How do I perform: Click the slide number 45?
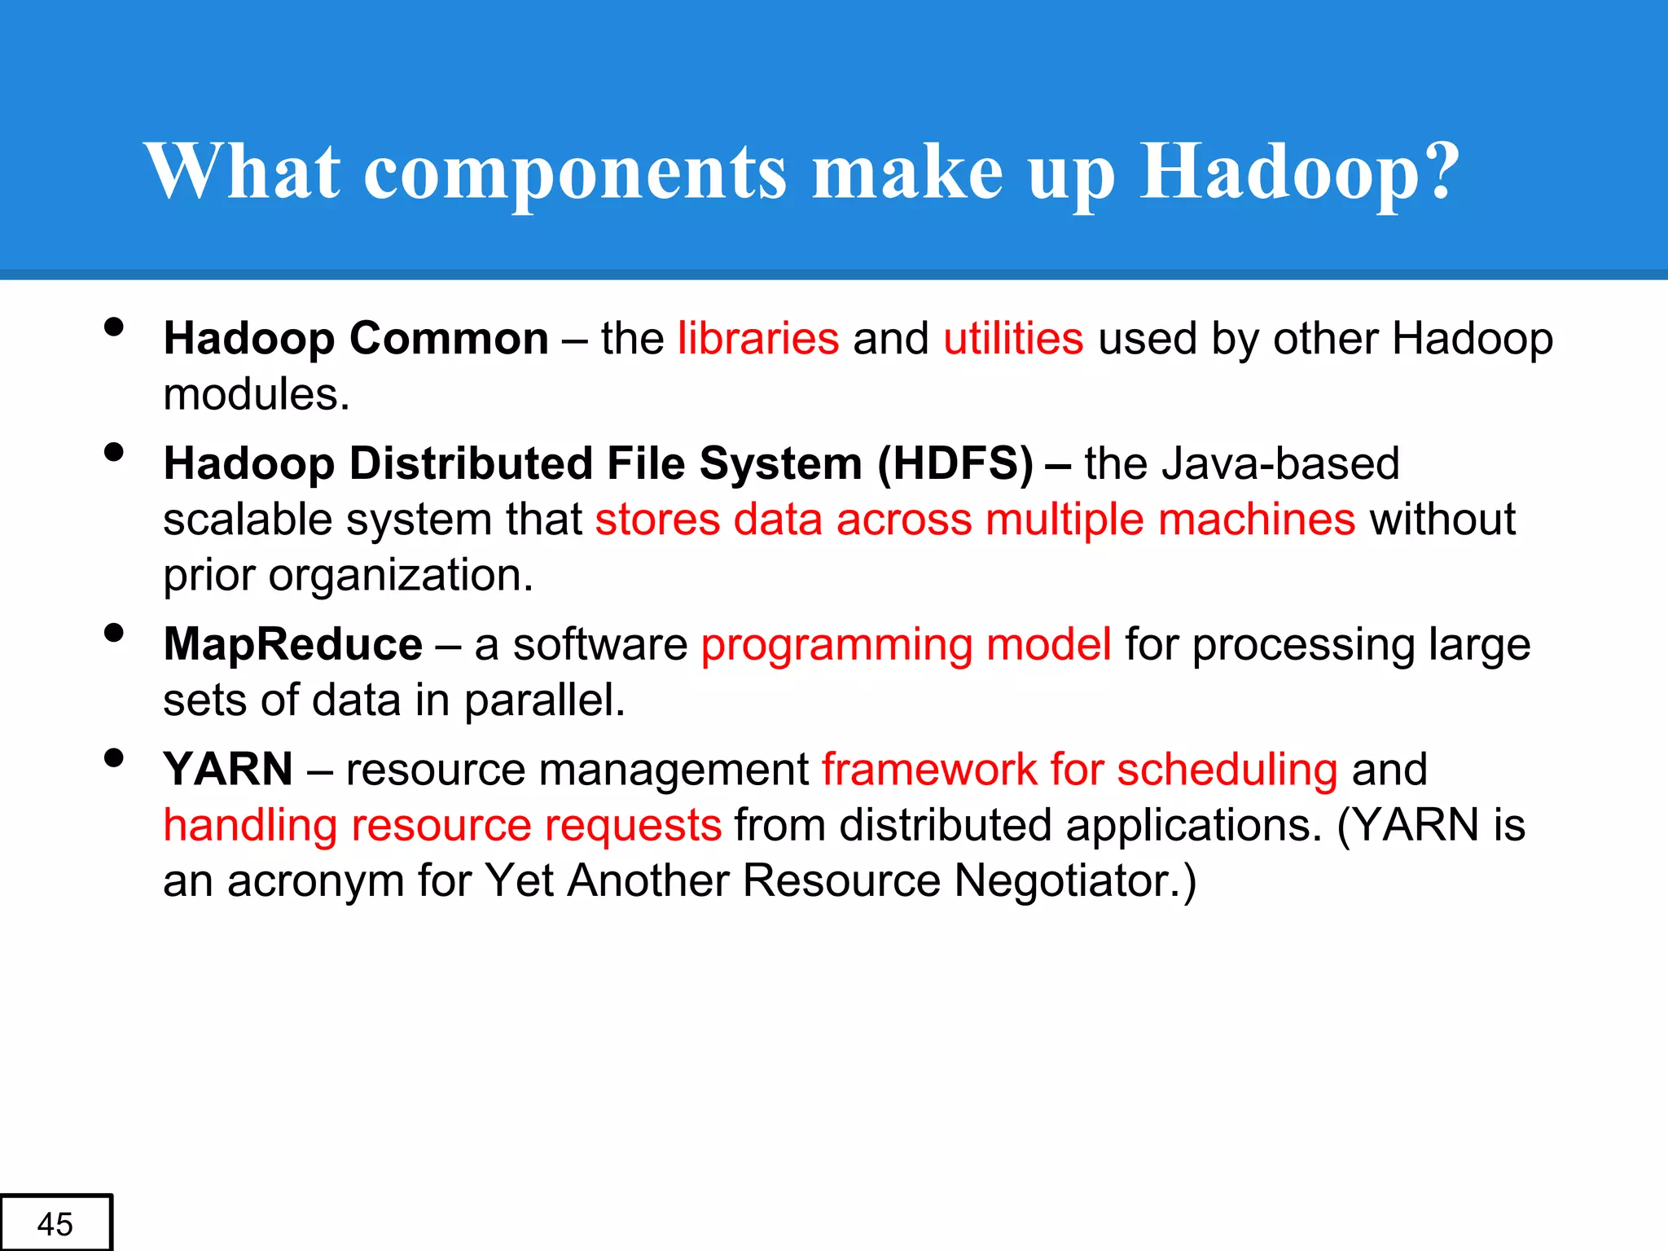(55, 1224)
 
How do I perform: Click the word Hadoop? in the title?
(1300, 173)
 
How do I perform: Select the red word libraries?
(757, 338)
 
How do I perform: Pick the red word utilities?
(1013, 338)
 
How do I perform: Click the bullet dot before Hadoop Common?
(114, 327)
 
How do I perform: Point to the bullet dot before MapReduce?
(114, 633)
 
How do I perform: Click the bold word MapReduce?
(292, 644)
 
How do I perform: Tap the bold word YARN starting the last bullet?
(228, 769)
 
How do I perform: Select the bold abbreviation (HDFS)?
(955, 463)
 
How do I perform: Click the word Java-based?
(1280, 463)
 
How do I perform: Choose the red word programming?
(836, 646)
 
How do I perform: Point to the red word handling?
(250, 826)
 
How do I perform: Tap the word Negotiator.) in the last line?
(1075, 881)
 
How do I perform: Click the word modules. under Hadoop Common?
(257, 395)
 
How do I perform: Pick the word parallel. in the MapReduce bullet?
(544, 700)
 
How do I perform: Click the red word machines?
(1256, 520)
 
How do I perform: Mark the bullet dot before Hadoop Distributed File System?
(114, 452)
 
